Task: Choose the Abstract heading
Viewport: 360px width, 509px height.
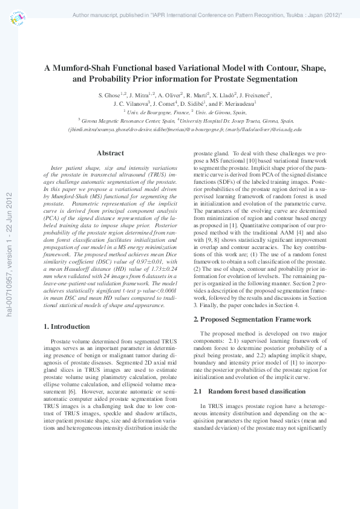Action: point(110,153)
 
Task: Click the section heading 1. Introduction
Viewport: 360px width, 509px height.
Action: point(68,326)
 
